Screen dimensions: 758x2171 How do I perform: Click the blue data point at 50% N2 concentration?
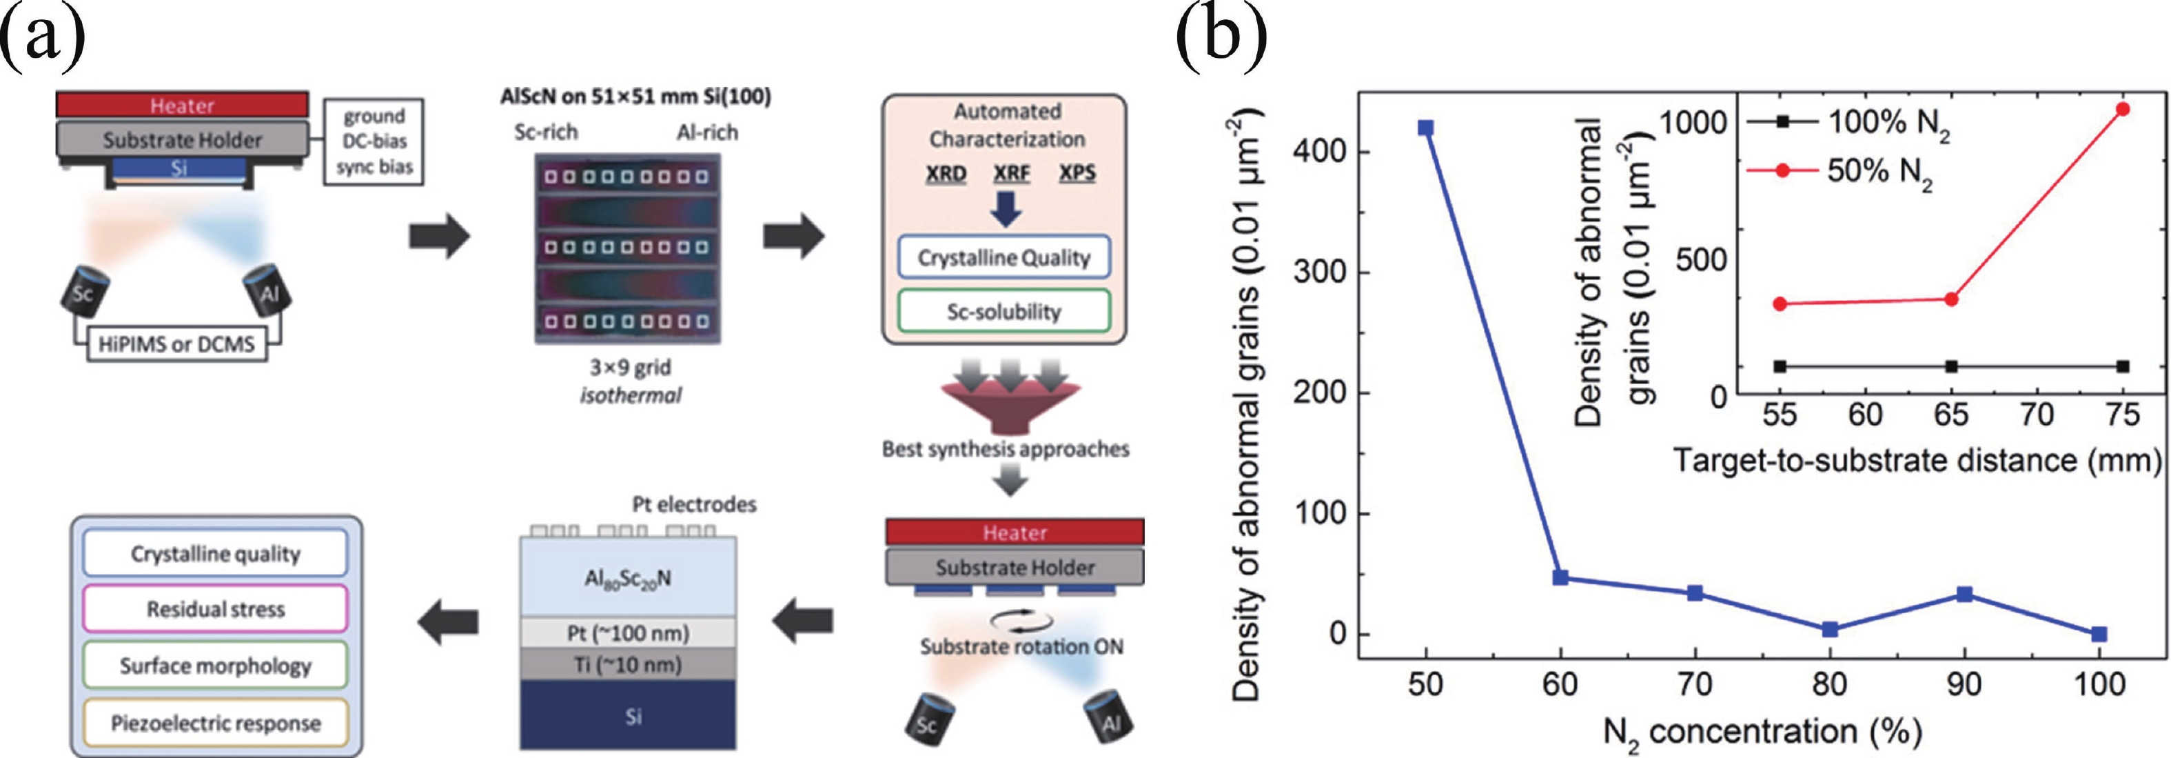1425,128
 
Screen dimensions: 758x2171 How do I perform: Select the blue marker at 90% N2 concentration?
1964,595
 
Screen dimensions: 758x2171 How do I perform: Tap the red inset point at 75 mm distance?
2123,109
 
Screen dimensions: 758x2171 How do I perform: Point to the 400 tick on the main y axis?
1320,152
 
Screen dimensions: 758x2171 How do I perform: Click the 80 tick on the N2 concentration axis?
1830,683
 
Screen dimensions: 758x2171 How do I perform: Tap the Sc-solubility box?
1003,311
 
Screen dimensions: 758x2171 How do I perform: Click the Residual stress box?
216,609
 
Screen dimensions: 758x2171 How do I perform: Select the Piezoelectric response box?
216,723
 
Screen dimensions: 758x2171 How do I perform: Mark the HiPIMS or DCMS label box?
177,344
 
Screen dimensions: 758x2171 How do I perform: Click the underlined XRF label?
1011,173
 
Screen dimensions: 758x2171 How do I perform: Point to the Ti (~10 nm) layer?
628,664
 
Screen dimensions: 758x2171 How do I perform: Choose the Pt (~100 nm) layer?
628,632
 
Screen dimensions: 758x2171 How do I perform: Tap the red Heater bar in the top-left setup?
182,106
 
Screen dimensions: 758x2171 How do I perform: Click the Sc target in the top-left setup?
83,292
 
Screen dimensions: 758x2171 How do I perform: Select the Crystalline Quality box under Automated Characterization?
1003,257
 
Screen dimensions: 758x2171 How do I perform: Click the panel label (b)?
1221,38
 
